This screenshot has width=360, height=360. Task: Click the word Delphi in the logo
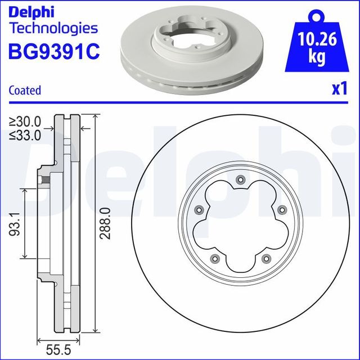(33, 11)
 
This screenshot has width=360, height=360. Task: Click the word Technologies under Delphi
(54, 28)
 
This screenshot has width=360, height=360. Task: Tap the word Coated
(25, 90)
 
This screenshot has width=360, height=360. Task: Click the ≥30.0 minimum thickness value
(25, 121)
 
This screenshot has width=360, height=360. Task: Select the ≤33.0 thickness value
(25, 135)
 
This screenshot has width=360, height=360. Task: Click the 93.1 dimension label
(17, 224)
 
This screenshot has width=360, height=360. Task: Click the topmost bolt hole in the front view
(240, 180)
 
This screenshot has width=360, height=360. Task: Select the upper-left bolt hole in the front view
(198, 210)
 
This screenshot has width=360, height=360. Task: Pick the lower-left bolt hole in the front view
(214, 258)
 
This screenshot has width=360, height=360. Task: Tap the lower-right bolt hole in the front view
(265, 258)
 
